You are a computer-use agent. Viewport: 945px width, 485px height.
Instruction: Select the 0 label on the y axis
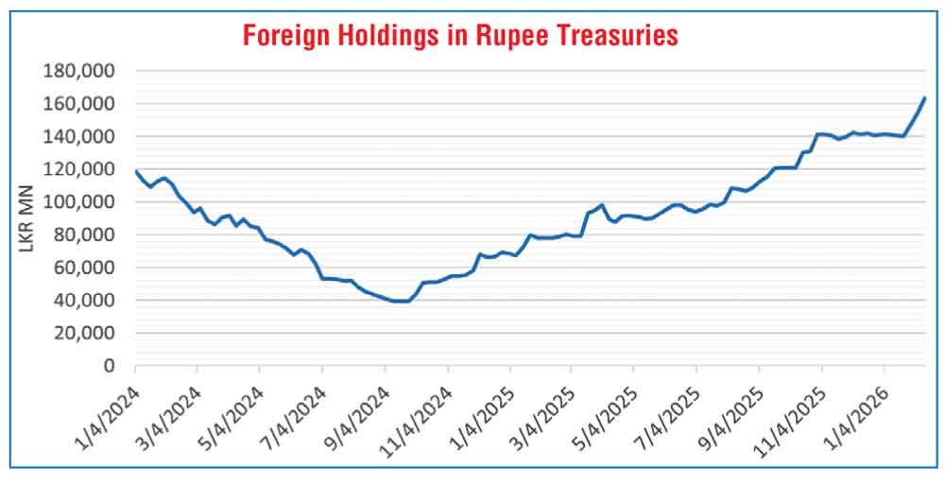coord(110,366)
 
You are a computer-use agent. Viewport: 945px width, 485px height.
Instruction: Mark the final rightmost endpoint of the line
coord(924,97)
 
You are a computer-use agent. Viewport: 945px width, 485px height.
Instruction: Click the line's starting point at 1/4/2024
coord(136,171)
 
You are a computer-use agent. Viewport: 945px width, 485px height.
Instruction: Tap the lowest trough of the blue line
coord(402,301)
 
